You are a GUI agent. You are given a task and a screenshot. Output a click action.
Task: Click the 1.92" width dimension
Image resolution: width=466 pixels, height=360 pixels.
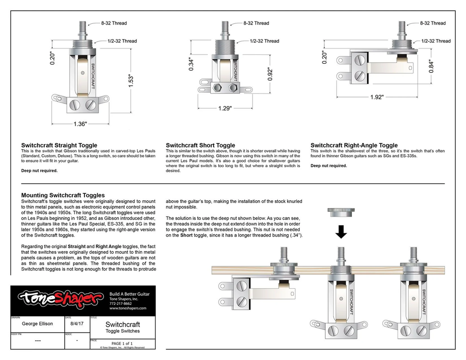pyautogui.click(x=377, y=97)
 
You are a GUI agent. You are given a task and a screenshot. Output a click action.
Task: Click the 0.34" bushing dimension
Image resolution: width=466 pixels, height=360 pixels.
pyautogui.click(x=191, y=62)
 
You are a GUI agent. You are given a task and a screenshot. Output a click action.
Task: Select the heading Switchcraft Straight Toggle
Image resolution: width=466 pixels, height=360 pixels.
pyautogui.click(x=59, y=145)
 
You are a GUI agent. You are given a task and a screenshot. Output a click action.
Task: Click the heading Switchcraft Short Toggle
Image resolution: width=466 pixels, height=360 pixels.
pyautogui.click(x=200, y=145)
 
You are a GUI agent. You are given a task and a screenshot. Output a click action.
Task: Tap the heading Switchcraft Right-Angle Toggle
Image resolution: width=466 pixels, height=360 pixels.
pyautogui.click(x=354, y=145)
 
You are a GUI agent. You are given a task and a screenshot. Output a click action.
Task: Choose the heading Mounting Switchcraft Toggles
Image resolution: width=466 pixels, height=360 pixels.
pyautogui.click(x=63, y=195)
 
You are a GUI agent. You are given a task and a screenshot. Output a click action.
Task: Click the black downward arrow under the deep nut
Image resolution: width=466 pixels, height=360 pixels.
pyautogui.click(x=342, y=231)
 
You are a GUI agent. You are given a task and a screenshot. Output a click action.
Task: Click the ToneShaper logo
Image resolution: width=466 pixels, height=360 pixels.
pyautogui.click(x=59, y=300)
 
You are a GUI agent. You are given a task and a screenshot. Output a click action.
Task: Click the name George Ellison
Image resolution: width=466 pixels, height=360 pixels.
pyautogui.click(x=37, y=324)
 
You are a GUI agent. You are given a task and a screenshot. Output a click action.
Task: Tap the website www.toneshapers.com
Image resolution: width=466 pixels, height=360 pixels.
pyautogui.click(x=128, y=308)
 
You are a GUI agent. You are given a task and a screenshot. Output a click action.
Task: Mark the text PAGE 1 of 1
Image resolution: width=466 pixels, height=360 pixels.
pyautogui.click(x=122, y=343)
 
